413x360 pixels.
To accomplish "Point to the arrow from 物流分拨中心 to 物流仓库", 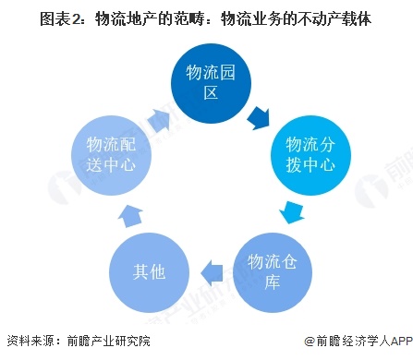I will pos(291,214).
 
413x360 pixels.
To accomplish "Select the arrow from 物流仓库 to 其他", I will pos(212,271).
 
